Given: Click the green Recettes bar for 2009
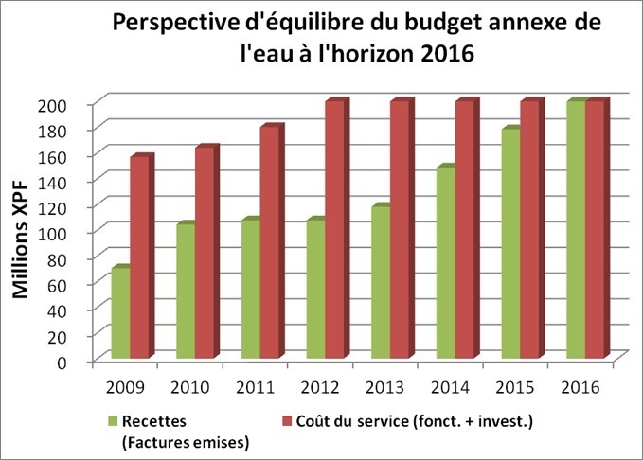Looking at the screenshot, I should coord(119,313).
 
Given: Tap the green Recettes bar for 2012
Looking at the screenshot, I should coord(314,290).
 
